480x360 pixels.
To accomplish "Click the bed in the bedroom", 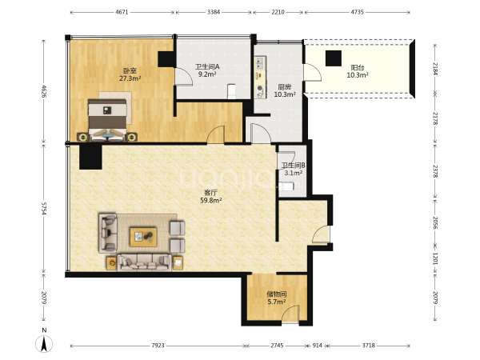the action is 107,119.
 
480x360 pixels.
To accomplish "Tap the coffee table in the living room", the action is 143,237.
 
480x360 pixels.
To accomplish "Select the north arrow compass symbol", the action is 44,342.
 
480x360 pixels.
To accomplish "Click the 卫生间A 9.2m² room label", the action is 207,70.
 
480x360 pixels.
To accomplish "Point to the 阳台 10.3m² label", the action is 358,71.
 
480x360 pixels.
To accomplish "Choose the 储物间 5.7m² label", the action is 277,298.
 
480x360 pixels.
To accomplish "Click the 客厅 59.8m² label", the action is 211,197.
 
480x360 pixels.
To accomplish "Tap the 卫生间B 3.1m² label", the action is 294,169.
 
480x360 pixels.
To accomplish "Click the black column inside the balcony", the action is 334,58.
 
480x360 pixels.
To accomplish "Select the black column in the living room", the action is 90,157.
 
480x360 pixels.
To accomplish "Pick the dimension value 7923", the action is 158,346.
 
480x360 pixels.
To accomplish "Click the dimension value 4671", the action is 122,12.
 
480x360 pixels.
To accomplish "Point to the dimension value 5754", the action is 44,208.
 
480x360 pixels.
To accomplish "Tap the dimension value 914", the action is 317,346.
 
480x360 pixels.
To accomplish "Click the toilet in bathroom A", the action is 232,91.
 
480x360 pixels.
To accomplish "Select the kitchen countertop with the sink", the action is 260,77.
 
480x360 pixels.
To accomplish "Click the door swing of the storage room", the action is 290,313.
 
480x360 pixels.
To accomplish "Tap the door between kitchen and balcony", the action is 312,73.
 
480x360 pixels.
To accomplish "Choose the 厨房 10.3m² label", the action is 284,90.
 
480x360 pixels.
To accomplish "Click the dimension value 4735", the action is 358,12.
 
